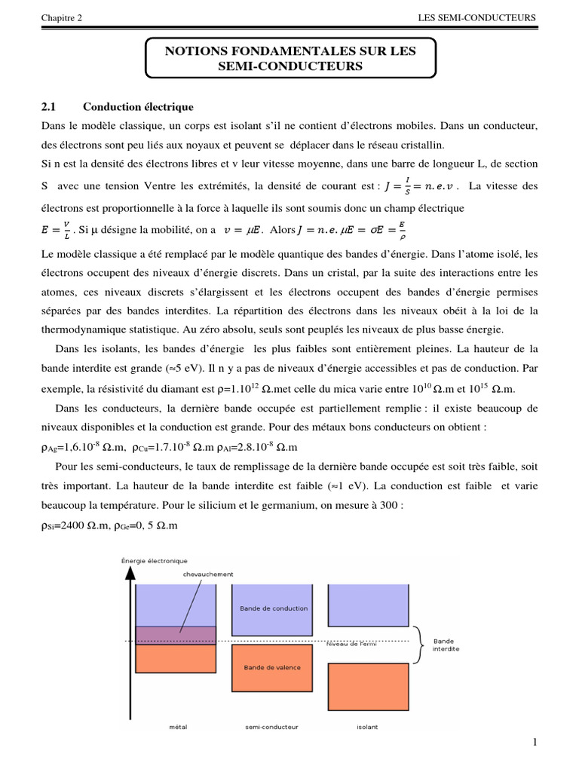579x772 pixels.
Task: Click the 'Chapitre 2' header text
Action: [x=63, y=18]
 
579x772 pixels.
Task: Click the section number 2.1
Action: [x=50, y=106]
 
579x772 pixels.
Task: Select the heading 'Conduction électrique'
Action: [x=138, y=106]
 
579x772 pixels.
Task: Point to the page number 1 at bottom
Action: [x=534, y=743]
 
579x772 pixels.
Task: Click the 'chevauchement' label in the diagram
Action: [x=204, y=574]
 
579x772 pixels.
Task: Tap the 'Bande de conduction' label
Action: [x=273, y=608]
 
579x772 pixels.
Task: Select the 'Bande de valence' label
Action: [x=273, y=667]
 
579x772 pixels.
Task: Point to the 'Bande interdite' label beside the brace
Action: [x=446, y=645]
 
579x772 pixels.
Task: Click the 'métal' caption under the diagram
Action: [x=178, y=727]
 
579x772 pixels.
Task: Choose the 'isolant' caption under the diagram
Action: [x=368, y=727]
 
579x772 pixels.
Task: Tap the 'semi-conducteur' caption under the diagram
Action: [x=272, y=727]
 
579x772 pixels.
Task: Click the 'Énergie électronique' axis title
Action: [x=155, y=560]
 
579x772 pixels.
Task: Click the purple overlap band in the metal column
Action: [x=176, y=635]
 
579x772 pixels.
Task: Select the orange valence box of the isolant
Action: [x=369, y=685]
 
